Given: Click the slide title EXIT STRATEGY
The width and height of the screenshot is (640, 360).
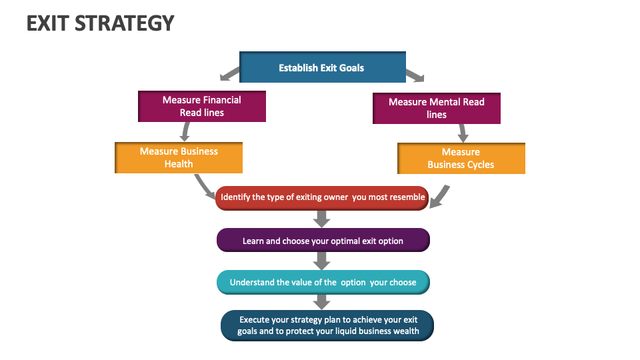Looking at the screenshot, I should point(100,23).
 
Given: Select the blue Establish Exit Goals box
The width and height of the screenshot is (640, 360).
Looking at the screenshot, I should point(322,67).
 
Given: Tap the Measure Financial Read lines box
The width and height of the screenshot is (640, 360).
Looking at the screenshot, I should point(202,106).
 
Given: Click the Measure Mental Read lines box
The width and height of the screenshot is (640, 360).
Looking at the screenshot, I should point(436,108).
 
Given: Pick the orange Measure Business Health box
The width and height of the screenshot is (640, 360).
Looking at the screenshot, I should point(179,157).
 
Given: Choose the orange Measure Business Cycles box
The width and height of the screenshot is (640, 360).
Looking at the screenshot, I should point(461,158).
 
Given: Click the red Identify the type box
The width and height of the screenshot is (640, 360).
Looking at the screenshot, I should point(322,197).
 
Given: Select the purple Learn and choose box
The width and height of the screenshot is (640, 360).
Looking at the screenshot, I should point(323,241).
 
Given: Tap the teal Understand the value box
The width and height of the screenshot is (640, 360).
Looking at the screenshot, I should point(323,282).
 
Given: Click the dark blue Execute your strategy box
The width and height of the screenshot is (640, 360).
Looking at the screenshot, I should point(327,325).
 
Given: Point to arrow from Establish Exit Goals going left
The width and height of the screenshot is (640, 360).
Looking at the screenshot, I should point(229,73).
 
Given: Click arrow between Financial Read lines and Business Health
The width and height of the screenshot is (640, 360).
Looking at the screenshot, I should point(186,131).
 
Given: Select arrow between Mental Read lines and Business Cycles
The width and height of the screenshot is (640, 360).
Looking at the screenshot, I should point(461,133).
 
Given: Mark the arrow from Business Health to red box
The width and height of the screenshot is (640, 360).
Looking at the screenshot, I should point(203,186).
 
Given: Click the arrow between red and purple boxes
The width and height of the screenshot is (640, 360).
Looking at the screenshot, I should point(322,219).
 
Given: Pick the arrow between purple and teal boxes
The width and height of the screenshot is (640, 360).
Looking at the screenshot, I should point(322,261).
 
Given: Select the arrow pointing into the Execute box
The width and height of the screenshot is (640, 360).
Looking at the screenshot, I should point(322,301).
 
